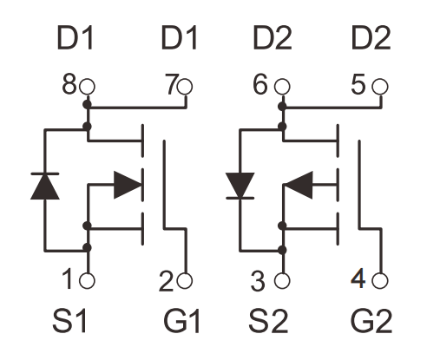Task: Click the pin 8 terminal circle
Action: tap(87, 87)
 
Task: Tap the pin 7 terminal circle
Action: tap(185, 87)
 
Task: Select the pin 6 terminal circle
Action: tap(282, 87)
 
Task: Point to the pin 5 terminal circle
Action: tap(380, 87)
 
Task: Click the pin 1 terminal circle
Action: tap(87, 281)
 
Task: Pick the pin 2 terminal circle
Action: tap(185, 281)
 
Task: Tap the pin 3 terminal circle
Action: tap(282, 281)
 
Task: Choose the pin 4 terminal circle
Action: tap(380, 281)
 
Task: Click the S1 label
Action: tap(69, 321)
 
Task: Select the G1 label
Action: tap(182, 321)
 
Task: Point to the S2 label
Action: tap(268, 321)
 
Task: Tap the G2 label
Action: tap(371, 321)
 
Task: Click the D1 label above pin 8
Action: tap(76, 38)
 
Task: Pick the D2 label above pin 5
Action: tap(371, 38)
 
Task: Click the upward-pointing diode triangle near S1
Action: tap(45, 187)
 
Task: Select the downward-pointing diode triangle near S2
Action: tap(240, 186)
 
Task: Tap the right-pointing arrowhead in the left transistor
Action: tap(128, 185)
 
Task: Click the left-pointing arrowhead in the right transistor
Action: tap(298, 185)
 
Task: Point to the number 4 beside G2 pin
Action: tap(358, 278)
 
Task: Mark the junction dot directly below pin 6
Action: tap(282, 107)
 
